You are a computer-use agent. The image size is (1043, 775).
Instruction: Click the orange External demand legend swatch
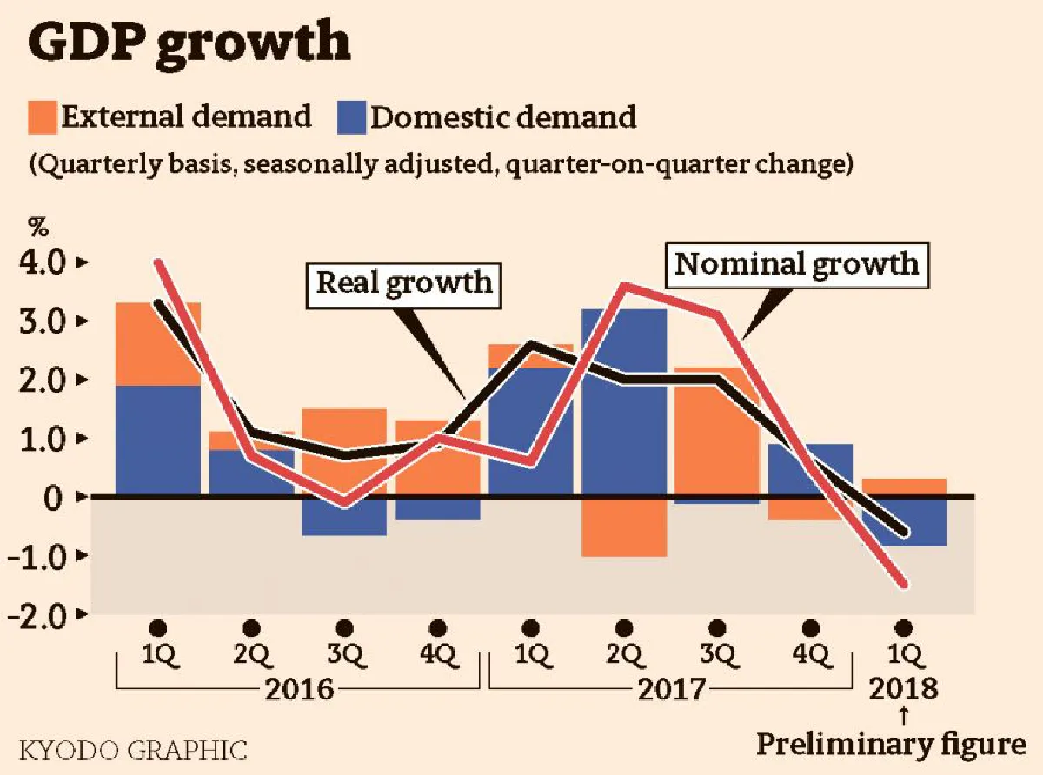tap(43, 117)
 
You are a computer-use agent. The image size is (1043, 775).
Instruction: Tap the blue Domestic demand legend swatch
tap(351, 117)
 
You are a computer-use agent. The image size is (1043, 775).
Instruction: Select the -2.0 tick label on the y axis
tap(37, 615)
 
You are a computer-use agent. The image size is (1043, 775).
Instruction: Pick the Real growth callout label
tap(404, 282)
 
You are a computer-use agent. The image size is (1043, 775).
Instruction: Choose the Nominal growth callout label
tap(797, 263)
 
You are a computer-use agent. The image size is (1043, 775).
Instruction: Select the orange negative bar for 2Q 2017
tap(623, 527)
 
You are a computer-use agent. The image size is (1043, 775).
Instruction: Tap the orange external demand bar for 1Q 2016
tap(158, 343)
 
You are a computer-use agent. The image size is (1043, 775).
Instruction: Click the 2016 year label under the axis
tap(299, 690)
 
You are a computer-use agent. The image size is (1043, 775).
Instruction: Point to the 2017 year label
tap(672, 690)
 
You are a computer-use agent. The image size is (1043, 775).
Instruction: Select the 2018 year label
tap(903, 689)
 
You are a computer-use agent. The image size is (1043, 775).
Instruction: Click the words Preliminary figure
tap(890, 745)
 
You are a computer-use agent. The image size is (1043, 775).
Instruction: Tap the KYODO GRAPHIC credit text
tap(132, 750)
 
